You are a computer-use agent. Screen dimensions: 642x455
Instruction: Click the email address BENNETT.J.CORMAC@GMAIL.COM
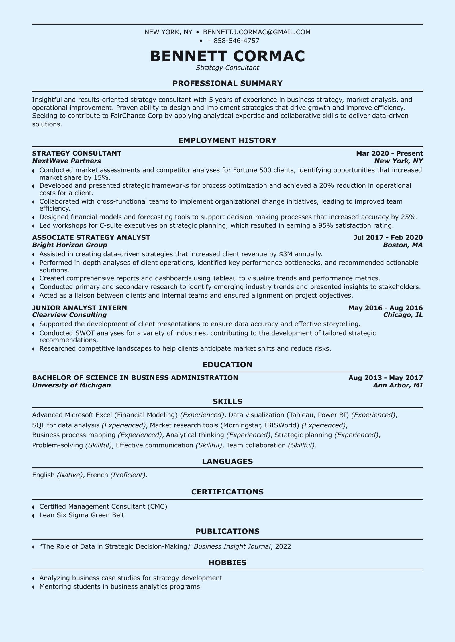pos(256,32)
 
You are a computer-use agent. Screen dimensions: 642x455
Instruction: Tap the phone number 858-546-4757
pos(236,41)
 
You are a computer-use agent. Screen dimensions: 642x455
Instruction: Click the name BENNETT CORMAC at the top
pos(227,56)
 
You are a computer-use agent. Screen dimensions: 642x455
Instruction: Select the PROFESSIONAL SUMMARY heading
pos(227,83)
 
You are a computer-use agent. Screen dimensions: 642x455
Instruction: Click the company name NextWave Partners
pos(66,161)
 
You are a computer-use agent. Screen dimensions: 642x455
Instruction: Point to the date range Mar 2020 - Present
pos(389,153)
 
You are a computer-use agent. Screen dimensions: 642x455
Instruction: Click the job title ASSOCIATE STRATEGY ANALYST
pos(91,237)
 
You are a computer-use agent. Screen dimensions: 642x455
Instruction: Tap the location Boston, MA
pos(403,245)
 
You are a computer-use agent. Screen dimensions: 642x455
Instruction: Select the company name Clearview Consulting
pos(69,315)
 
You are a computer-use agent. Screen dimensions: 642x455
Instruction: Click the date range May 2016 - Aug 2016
pos(385,308)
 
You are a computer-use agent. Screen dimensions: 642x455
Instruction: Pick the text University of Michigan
pos(71,385)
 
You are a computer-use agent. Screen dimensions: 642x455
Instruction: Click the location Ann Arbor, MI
pos(398,385)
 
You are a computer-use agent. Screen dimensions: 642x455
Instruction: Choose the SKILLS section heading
pos(227,401)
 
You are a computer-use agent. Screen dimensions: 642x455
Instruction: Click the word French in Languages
pos(97,475)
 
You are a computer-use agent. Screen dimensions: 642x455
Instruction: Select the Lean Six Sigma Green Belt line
pos(82,515)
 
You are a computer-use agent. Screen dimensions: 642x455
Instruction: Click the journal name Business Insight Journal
pos(232,546)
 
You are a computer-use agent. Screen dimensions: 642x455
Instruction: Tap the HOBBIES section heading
pos(227,563)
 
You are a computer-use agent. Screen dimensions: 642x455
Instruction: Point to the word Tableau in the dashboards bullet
pos(223,278)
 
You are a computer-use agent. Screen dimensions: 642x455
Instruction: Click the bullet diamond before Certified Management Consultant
pos(34,507)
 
